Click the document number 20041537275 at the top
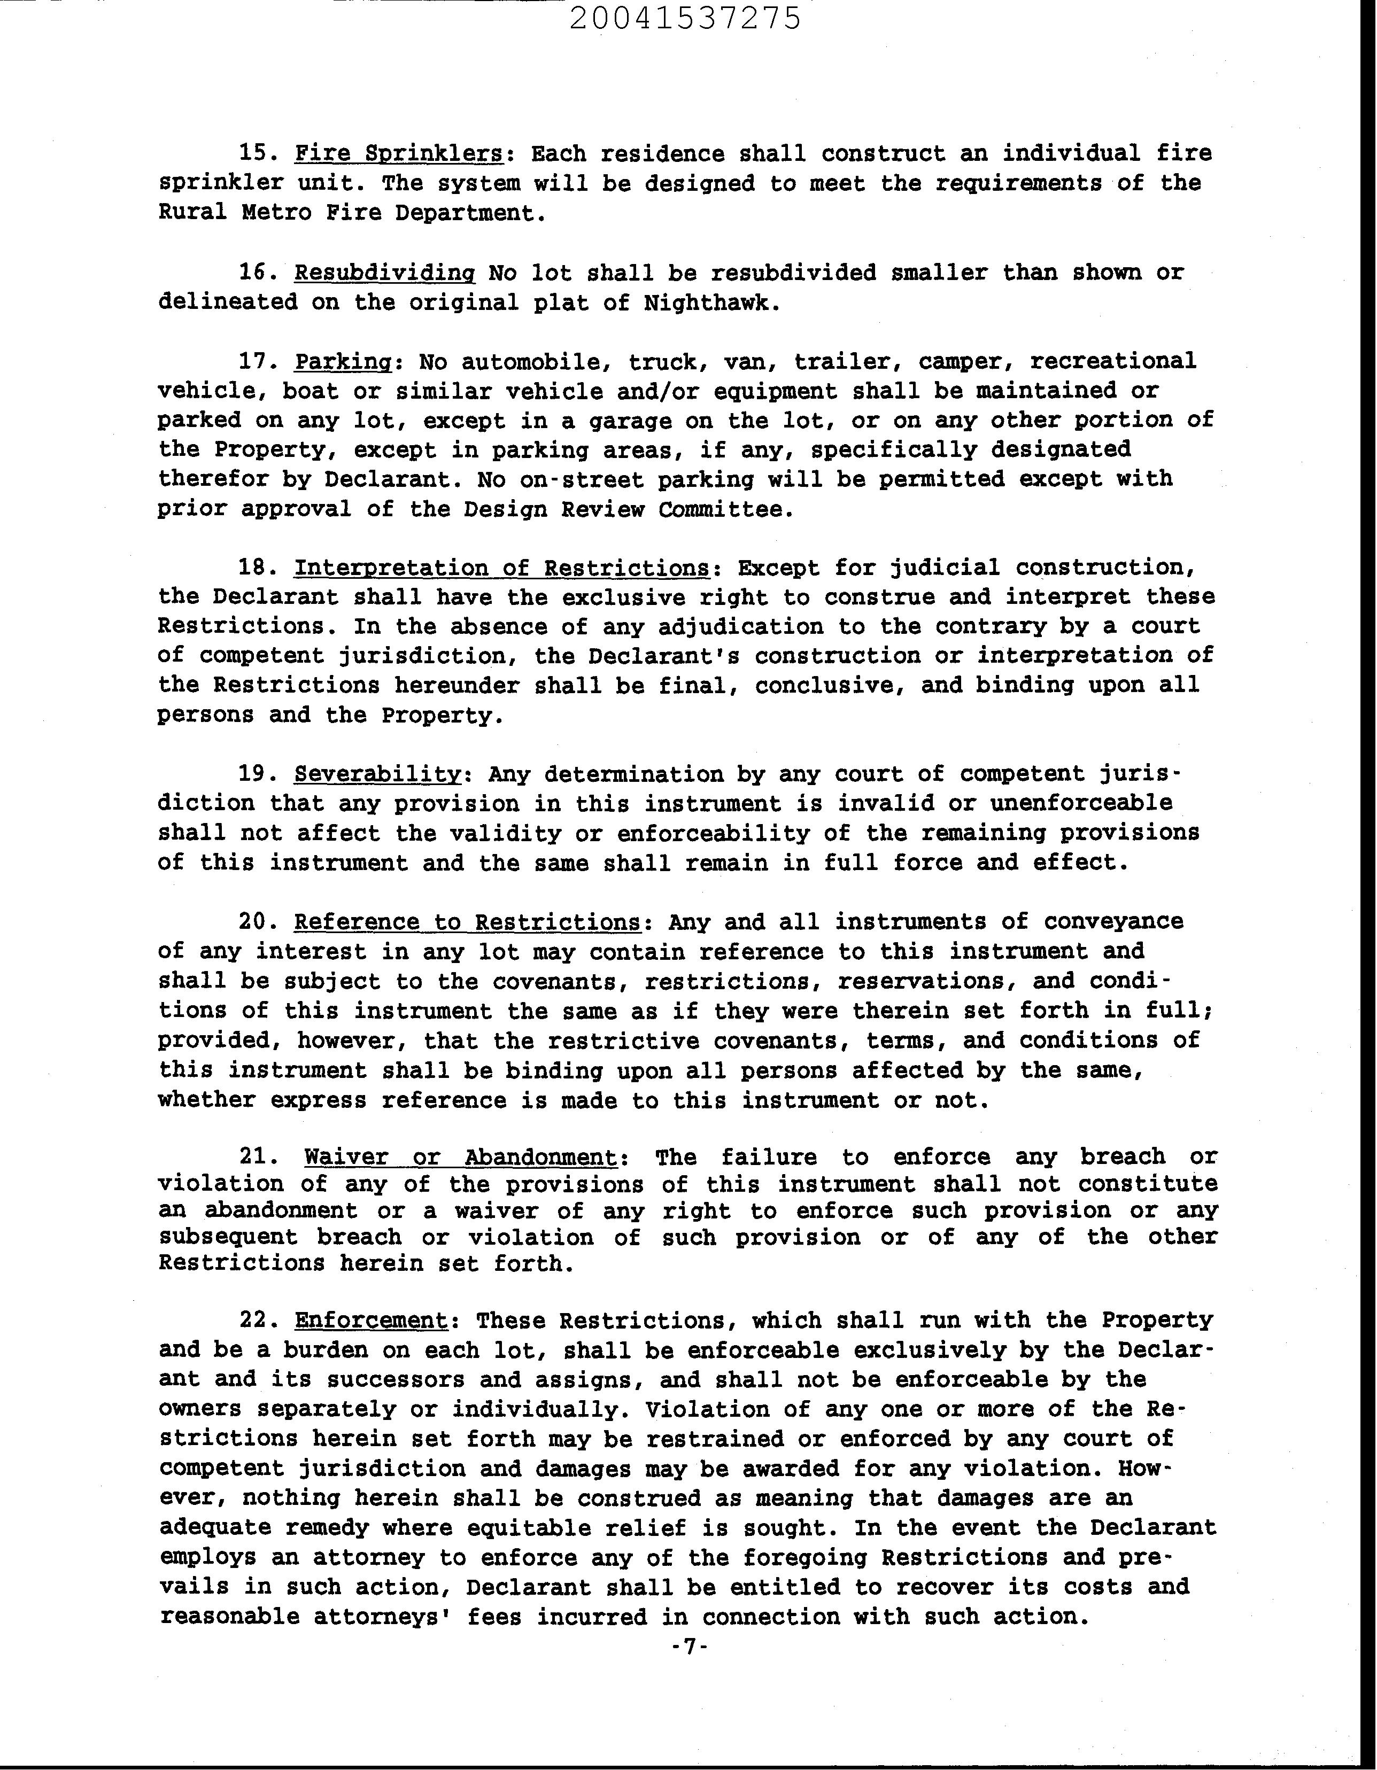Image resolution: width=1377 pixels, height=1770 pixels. tap(685, 18)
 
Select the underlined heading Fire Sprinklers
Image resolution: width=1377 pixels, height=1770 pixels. tap(399, 153)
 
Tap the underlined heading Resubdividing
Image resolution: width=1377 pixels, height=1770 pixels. tap(384, 273)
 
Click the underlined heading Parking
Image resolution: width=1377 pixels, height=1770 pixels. tap(343, 361)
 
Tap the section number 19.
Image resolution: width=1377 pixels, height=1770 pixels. tap(258, 774)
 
